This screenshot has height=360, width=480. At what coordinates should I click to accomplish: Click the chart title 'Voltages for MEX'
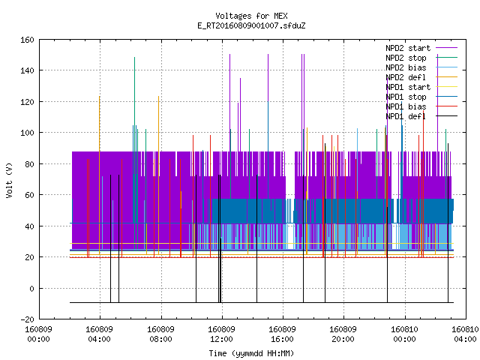(x=251, y=16)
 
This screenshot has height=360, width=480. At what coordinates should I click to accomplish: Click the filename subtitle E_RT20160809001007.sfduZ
(x=251, y=25)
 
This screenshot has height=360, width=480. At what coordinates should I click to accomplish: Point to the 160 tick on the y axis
(x=27, y=40)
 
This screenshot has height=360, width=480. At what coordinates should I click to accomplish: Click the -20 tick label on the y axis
(x=27, y=319)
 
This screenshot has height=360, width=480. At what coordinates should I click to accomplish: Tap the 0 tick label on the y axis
(x=31, y=288)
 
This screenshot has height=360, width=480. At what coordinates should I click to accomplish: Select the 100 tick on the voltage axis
(x=27, y=133)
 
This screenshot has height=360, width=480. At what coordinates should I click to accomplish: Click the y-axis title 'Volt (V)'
(x=9, y=180)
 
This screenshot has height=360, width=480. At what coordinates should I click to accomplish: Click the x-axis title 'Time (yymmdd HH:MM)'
(x=251, y=353)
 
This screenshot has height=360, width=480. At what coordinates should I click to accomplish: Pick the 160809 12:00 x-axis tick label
(x=221, y=334)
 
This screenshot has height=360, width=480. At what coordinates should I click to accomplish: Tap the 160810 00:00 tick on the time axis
(x=404, y=334)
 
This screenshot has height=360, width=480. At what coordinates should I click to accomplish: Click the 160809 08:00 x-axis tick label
(x=160, y=334)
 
